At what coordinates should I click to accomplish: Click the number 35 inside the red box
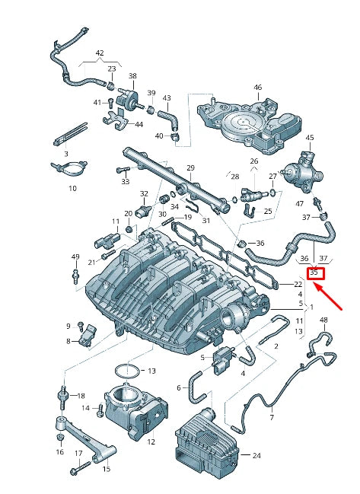tap(314, 272)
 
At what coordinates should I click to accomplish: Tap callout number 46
tap(257, 88)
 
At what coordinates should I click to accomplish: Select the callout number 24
tap(256, 456)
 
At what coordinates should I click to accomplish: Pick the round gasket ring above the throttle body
tap(126, 371)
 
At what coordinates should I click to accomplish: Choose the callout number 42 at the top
tap(100, 53)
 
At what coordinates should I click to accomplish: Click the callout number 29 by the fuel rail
tap(190, 167)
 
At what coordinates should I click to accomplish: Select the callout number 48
tap(323, 320)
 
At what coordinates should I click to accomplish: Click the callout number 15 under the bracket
tap(106, 469)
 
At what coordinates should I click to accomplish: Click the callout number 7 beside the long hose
tap(271, 418)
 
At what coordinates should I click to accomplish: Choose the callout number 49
tap(75, 257)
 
